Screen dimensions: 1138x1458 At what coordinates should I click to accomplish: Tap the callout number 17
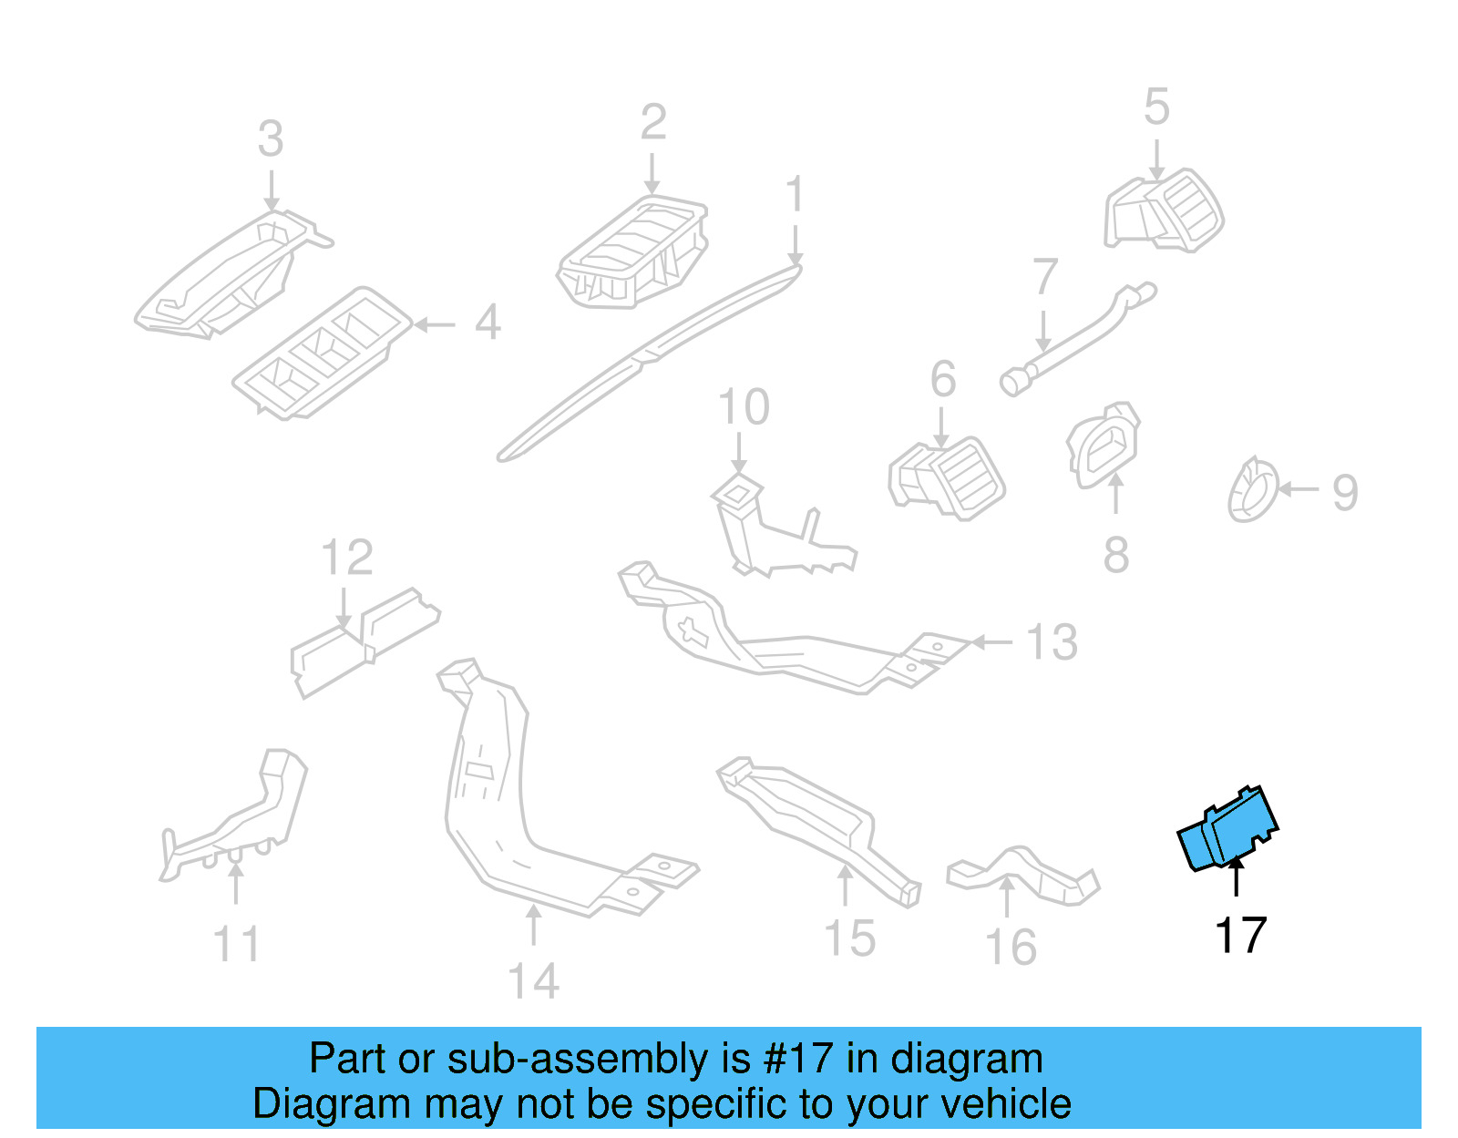(x=1240, y=936)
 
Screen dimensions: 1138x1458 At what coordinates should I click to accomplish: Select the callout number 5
(x=1156, y=108)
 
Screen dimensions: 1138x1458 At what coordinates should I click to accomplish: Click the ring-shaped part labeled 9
(x=1252, y=490)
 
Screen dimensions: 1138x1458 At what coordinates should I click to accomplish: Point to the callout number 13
(x=1052, y=642)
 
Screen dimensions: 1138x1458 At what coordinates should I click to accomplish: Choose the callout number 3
(x=271, y=139)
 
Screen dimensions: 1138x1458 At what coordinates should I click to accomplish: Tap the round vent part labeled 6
(x=948, y=477)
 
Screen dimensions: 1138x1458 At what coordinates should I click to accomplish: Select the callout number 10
(x=744, y=407)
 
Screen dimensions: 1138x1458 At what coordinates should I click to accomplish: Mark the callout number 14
(x=533, y=982)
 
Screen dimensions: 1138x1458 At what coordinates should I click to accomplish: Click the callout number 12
(x=347, y=558)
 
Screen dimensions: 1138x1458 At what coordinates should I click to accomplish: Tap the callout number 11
(x=236, y=945)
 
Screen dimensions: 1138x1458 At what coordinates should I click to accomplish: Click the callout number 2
(x=653, y=122)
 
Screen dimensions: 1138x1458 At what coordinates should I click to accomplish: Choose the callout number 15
(x=849, y=938)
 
